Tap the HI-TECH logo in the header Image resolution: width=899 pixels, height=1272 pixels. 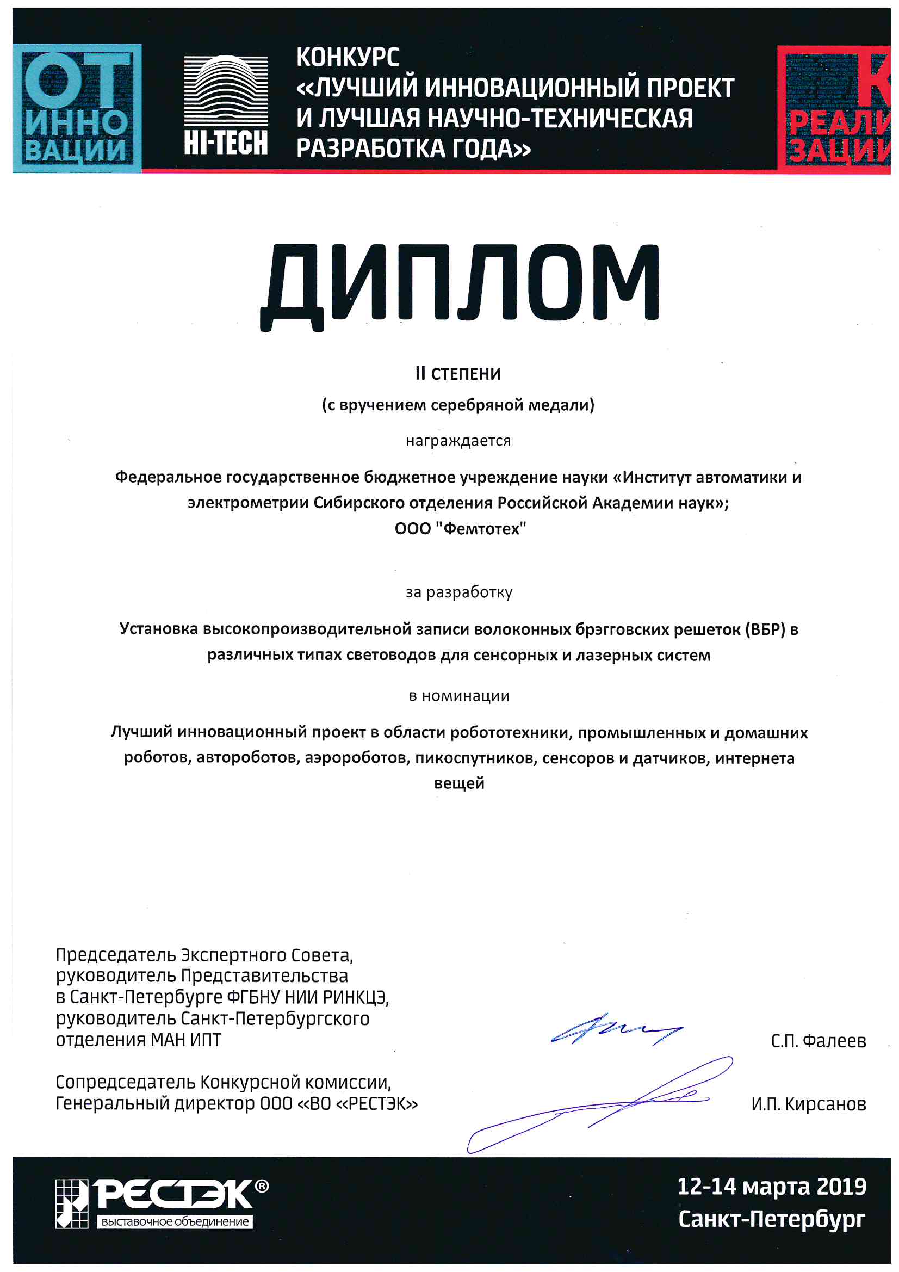click(226, 105)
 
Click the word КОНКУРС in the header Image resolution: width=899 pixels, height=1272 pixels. click(348, 58)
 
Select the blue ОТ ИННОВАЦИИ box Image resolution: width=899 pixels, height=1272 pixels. click(77, 109)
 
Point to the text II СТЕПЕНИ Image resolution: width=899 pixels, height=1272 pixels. click(458, 374)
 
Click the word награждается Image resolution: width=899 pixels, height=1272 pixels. click(458, 441)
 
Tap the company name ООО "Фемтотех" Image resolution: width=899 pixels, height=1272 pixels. click(460, 528)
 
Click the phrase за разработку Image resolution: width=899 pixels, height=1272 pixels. click(458, 592)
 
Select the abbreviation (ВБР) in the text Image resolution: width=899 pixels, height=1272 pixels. click(765, 629)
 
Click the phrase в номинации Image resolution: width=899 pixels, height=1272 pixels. click(458, 696)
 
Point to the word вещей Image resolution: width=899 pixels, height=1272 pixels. click(458, 783)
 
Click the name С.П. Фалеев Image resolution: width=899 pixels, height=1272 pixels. click(818, 1041)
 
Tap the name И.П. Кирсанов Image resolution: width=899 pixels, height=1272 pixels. click(808, 1104)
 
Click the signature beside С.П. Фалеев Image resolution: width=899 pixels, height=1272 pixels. click(615, 1031)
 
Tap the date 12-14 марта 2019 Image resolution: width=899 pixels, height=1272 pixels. click(771, 1186)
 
